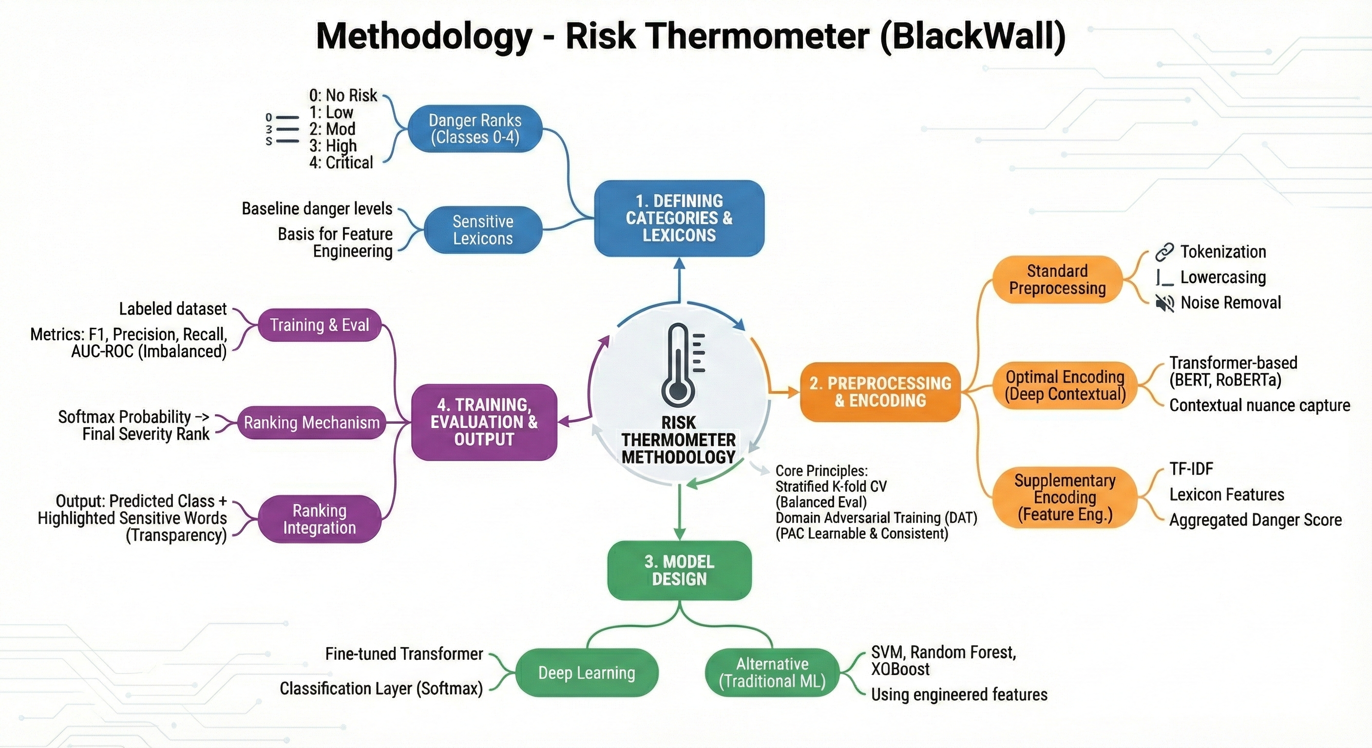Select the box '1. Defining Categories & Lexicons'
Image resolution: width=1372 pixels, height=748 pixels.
pyautogui.click(x=679, y=218)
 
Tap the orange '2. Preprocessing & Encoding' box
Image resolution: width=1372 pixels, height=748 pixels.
pyautogui.click(x=880, y=392)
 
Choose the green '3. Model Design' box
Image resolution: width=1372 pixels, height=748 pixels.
pyautogui.click(x=679, y=570)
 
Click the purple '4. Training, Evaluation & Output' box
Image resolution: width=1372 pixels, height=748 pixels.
pyautogui.click(x=484, y=422)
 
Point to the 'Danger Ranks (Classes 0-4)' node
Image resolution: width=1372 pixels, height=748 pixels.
pyautogui.click(x=475, y=129)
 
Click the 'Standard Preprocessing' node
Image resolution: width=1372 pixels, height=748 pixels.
pyautogui.click(x=1057, y=280)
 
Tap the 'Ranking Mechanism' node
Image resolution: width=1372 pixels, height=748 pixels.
pyautogui.click(x=312, y=423)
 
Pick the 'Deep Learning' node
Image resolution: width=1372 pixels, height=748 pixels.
pyautogui.click(x=587, y=673)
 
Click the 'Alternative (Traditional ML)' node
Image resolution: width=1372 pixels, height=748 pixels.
pyautogui.click(x=772, y=673)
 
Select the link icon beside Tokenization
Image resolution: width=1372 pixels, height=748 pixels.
pyautogui.click(x=1164, y=252)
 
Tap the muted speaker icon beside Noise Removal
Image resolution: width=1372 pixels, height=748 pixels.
pyautogui.click(x=1165, y=303)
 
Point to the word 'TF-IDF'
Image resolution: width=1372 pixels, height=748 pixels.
pyautogui.click(x=1191, y=469)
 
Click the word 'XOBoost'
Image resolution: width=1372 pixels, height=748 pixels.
pyautogui.click(x=900, y=669)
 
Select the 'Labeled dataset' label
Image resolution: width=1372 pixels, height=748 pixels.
pyautogui.click(x=172, y=309)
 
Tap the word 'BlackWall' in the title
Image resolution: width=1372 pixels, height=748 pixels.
pyautogui.click(x=972, y=36)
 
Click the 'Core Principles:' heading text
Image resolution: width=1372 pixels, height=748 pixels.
pyautogui.click(x=821, y=470)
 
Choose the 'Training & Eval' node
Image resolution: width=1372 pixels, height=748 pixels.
pyautogui.click(x=319, y=325)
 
